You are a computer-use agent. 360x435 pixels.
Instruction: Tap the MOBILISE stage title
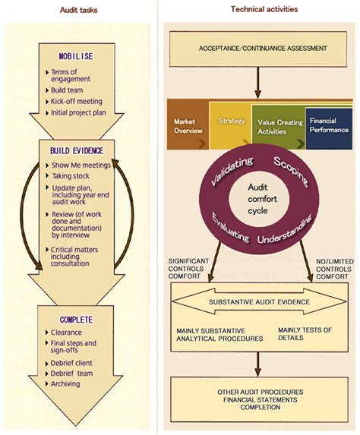[75, 57]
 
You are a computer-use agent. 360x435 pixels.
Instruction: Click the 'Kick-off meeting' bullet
[76, 101]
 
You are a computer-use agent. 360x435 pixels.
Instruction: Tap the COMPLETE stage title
[75, 320]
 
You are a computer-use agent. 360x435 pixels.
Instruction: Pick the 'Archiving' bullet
[66, 383]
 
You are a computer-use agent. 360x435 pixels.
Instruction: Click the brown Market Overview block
[187, 125]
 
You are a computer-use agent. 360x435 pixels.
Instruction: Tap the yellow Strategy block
[231, 121]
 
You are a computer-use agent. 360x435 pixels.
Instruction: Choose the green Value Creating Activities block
[279, 126]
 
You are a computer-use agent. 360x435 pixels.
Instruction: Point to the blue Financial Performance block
[327, 125]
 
